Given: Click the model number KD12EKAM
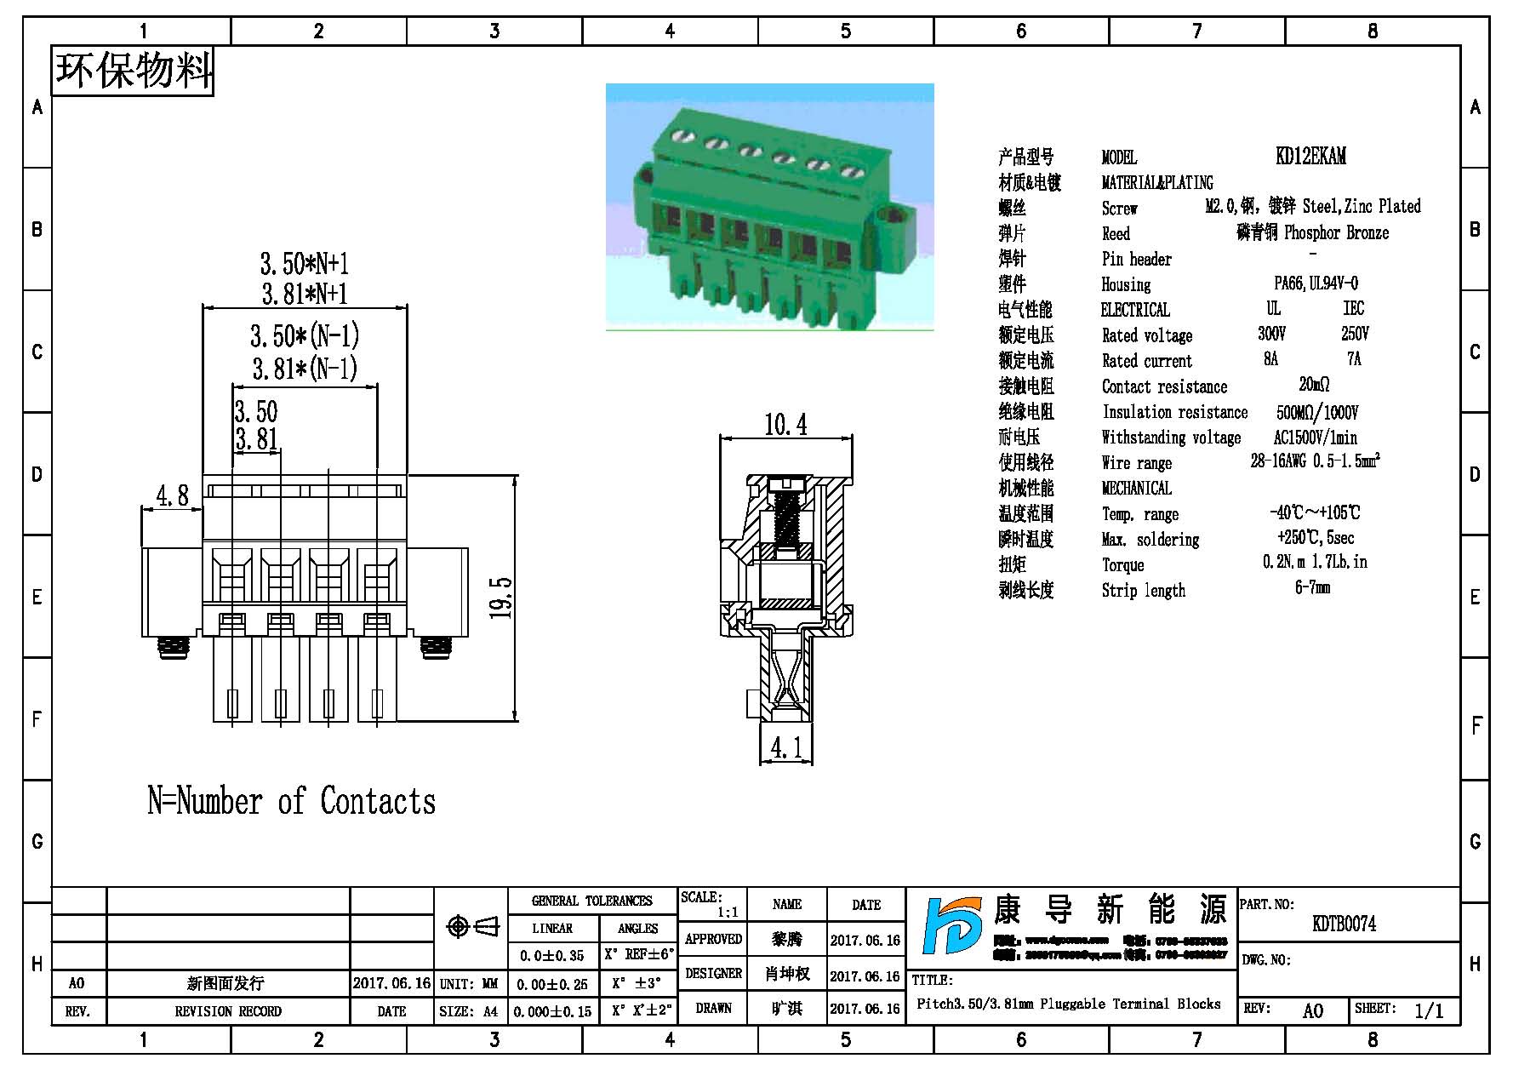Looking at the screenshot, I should coord(1310,157).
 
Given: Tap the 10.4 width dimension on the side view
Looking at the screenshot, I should coord(785,425).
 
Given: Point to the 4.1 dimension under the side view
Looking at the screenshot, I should coord(785,748).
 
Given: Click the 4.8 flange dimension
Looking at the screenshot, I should coord(172,495).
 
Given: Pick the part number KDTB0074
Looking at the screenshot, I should coord(1344,924).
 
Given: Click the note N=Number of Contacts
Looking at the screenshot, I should coord(291,802).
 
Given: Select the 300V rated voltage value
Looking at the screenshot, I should coord(1271,334).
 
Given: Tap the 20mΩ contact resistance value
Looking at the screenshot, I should coord(1314,385).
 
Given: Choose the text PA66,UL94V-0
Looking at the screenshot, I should coord(1316,283).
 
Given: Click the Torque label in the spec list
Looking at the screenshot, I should coord(1122,565).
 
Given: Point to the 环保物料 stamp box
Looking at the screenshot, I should coord(133,71).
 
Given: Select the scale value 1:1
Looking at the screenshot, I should coord(727,913).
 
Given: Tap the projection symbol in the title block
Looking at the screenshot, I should coord(472,926).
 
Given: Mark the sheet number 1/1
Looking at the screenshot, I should coord(1429,1010).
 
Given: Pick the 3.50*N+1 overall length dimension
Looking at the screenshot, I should coord(304,263).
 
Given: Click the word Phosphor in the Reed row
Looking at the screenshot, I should coord(1311,232).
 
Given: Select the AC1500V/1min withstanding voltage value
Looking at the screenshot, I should coord(1315,438).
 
